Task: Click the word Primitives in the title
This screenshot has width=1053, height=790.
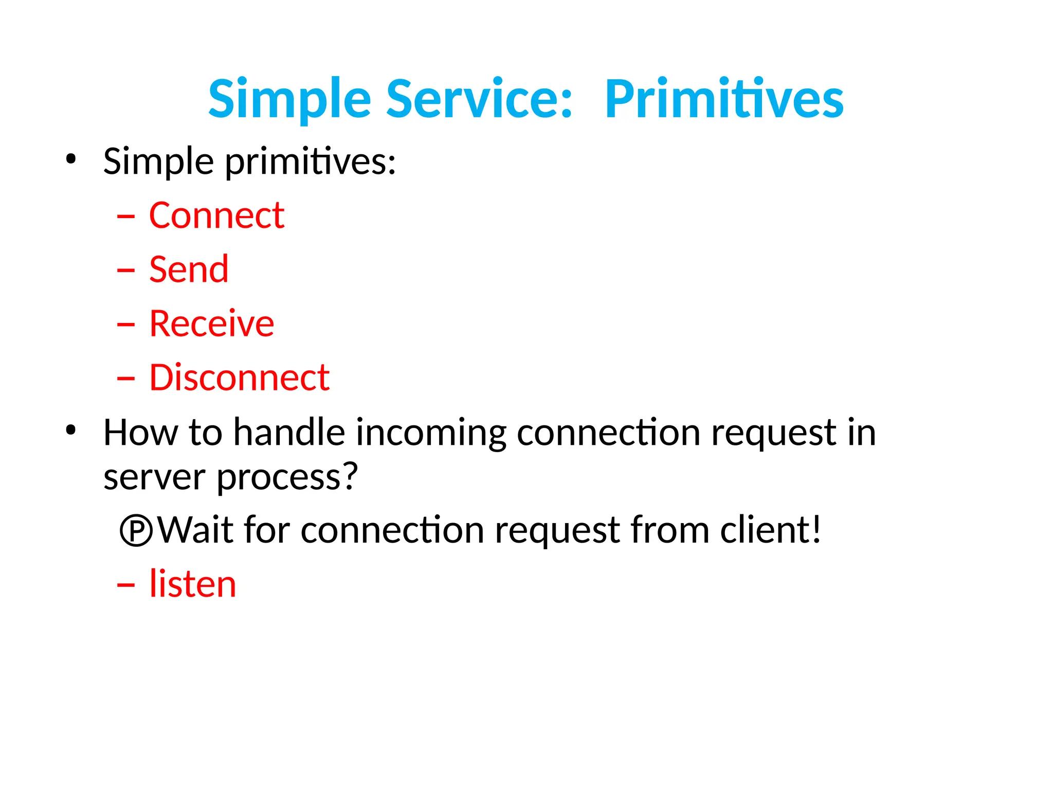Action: click(x=724, y=99)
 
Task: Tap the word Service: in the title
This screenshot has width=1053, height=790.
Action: click(x=479, y=99)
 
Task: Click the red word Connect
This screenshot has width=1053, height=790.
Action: click(x=216, y=216)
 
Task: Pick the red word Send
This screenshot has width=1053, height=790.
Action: click(x=189, y=270)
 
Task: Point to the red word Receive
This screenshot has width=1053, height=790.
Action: click(x=211, y=324)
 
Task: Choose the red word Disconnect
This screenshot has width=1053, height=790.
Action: click(x=239, y=378)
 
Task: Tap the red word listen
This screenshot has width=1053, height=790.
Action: click(x=192, y=584)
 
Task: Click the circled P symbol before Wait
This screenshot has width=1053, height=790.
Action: click(x=136, y=531)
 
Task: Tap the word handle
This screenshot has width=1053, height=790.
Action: click(x=289, y=433)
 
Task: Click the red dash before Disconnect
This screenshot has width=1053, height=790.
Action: click(x=126, y=379)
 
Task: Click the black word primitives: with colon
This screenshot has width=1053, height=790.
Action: click(x=311, y=163)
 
